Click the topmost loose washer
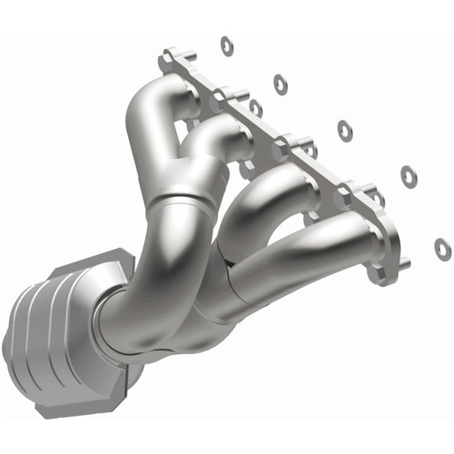coord(225,43)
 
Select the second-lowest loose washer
coord(408,176)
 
